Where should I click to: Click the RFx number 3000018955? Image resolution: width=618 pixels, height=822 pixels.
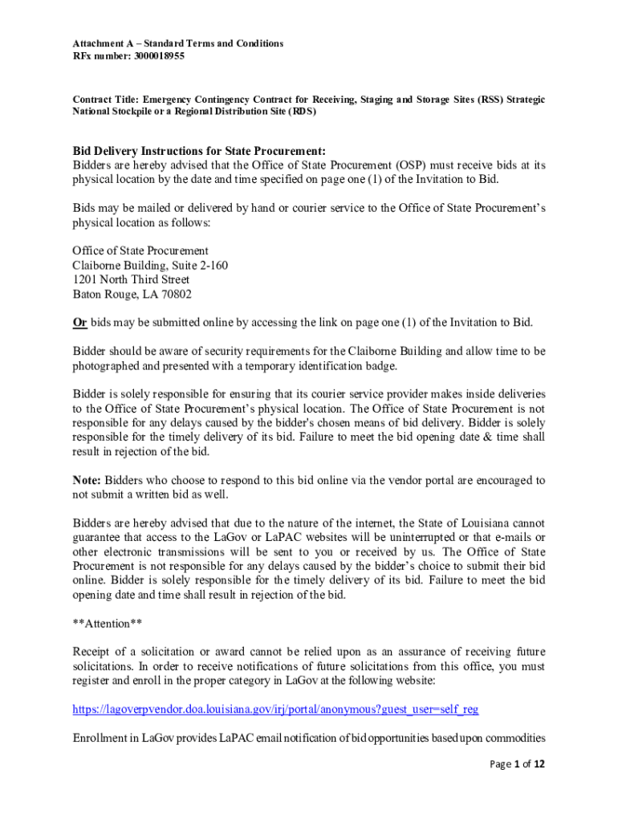click(x=157, y=57)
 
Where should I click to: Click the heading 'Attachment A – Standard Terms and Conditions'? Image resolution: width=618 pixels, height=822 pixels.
click(x=177, y=43)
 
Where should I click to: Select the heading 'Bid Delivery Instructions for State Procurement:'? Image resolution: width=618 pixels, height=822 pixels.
click(x=199, y=151)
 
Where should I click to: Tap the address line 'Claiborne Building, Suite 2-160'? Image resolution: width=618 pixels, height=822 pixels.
click(x=150, y=265)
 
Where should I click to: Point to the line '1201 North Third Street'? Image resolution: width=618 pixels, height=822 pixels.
click(x=131, y=279)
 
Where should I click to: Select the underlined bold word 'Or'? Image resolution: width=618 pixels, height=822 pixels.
click(x=79, y=323)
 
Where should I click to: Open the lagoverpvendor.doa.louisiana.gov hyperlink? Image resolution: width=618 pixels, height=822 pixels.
click(x=276, y=710)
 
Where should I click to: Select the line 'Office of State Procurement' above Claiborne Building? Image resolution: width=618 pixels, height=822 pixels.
click(x=140, y=250)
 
